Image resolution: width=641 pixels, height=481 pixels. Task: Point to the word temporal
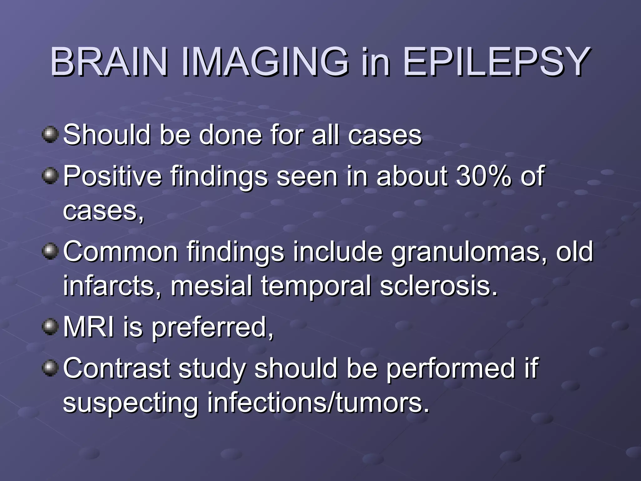pos(316,287)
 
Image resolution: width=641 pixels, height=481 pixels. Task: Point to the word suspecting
pos(131,404)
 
